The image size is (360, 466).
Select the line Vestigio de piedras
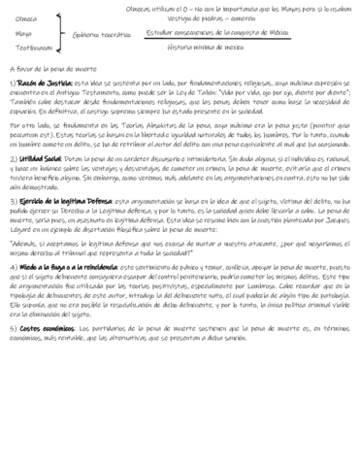[x=210, y=19]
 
